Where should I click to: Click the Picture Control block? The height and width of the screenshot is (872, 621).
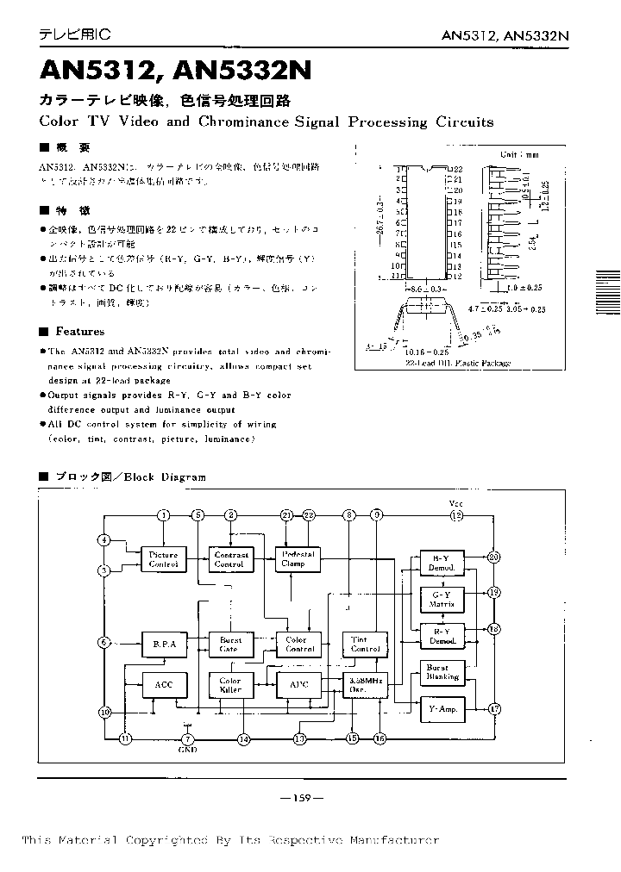pos(163,559)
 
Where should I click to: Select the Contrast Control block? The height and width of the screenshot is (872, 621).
pos(230,559)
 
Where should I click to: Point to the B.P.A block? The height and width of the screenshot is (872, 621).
pos(163,643)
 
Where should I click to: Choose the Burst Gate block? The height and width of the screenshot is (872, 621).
pos(230,644)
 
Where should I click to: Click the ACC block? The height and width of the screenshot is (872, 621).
pos(163,684)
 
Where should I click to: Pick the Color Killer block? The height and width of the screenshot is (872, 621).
pos(230,685)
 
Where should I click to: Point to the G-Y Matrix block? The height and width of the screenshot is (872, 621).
pos(442,599)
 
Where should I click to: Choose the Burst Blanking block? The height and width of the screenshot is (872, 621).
pos(442,673)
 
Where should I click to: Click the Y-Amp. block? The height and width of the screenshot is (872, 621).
pos(442,709)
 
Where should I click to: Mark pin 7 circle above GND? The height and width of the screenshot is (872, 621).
pos(189,738)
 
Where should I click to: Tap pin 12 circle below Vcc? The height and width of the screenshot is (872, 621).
pos(457,515)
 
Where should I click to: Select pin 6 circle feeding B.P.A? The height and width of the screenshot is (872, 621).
pos(104,643)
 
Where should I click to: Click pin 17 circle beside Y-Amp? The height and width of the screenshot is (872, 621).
pos(494,709)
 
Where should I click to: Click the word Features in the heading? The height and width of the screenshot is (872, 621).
pos(80,332)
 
